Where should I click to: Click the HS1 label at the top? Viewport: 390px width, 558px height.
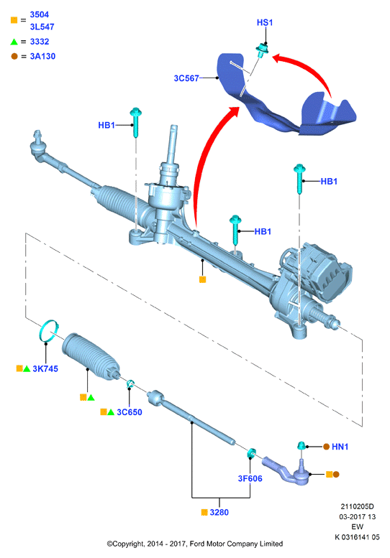(265, 22)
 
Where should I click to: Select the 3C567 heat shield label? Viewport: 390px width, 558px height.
(186, 78)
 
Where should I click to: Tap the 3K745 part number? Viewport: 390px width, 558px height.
(45, 368)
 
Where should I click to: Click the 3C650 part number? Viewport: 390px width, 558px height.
(130, 412)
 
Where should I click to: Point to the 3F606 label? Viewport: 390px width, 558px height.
(250, 478)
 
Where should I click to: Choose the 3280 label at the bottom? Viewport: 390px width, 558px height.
(219, 513)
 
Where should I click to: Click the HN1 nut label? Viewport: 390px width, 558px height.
(340, 447)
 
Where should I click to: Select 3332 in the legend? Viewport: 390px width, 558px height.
(39, 42)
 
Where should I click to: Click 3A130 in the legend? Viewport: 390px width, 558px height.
(42, 56)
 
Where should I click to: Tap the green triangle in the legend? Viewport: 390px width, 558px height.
(14, 42)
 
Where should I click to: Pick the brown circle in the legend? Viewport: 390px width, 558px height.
(14, 56)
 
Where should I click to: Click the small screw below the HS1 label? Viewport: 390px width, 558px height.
(262, 50)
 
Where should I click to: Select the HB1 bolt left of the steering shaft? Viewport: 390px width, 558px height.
(136, 122)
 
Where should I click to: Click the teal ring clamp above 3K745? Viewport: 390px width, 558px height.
(48, 330)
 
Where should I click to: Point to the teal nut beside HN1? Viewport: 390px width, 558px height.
(301, 445)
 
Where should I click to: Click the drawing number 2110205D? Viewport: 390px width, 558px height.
(357, 506)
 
